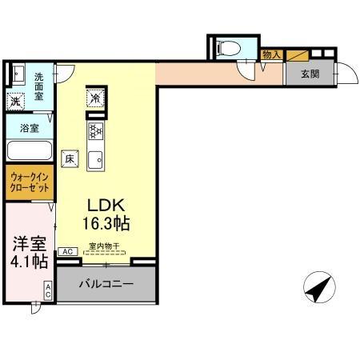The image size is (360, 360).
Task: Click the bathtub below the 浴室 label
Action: pyautogui.click(x=29, y=150)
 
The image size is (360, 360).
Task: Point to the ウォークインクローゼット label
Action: pyautogui.click(x=30, y=182)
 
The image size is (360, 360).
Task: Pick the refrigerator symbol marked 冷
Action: pyautogui.click(x=96, y=98)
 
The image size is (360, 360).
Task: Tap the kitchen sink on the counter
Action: pyautogui.click(x=95, y=158)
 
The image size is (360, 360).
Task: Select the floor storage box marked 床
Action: pyautogui.click(x=70, y=158)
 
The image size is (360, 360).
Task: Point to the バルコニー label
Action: pyautogui.click(x=105, y=283)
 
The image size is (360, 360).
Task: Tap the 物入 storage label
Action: pyautogui.click(x=271, y=54)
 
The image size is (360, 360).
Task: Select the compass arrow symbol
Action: pyautogui.click(x=319, y=288)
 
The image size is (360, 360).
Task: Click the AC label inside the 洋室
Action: pyautogui.click(x=48, y=291)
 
